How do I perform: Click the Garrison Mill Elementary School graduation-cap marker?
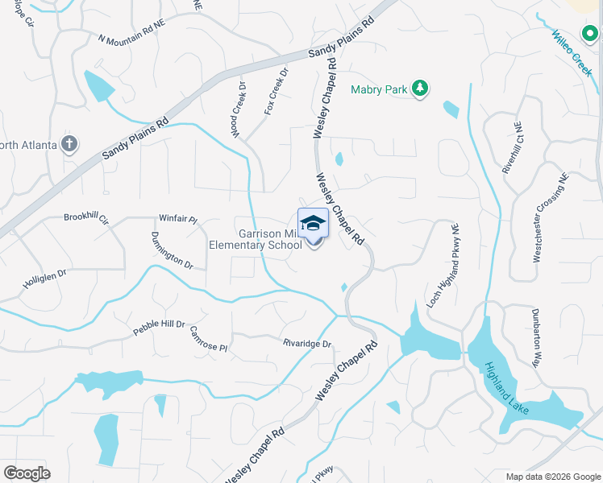click(x=313, y=225)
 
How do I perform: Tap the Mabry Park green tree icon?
click(x=419, y=89)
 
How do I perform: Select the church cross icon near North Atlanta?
click(x=69, y=144)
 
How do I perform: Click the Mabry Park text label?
click(x=379, y=90)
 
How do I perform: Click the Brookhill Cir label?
click(x=86, y=218)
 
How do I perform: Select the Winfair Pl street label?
click(x=178, y=217)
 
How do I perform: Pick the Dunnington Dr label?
click(x=172, y=251)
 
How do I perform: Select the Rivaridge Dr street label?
click(x=307, y=344)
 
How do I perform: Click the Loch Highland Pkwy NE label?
click(x=443, y=264)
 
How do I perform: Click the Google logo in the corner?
click(x=27, y=473)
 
